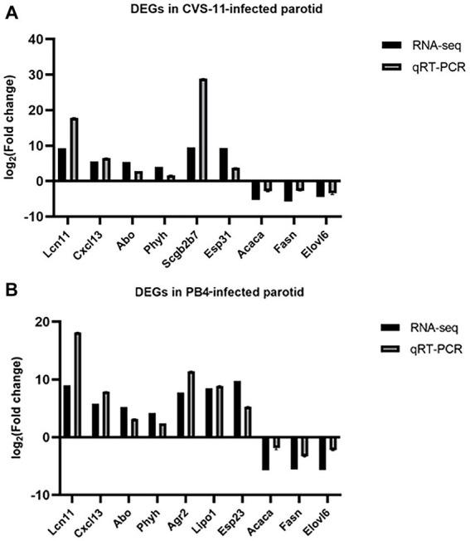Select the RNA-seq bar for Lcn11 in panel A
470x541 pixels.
tap(62, 164)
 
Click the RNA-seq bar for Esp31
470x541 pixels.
tap(224, 164)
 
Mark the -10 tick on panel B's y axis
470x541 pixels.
tap(34, 495)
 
